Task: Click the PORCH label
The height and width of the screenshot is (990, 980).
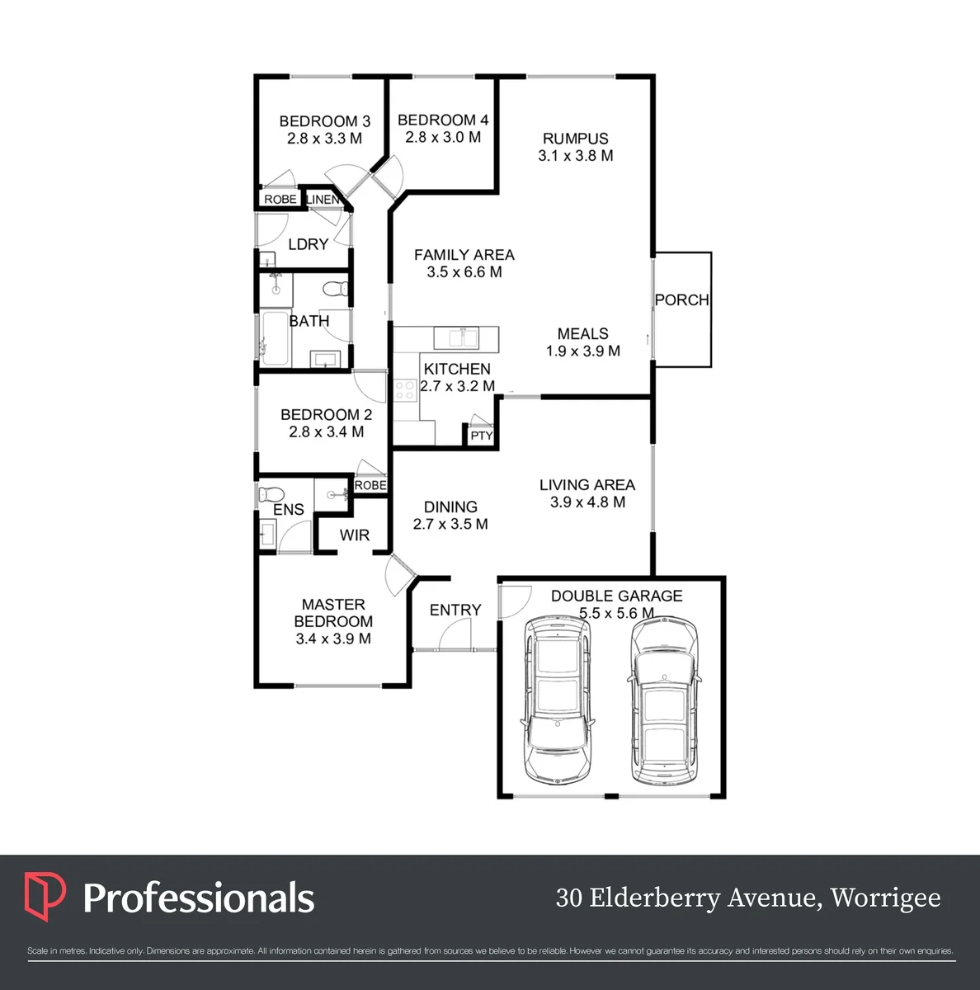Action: point(682,299)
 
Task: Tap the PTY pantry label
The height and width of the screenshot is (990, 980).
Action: point(482,436)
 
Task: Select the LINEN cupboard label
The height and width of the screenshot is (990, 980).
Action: point(323,200)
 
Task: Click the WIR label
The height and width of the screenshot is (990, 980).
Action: point(355,535)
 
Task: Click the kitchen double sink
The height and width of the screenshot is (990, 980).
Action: point(456,339)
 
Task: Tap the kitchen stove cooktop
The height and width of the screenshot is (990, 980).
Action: point(405,389)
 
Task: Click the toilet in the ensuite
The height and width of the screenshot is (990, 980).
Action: point(271,494)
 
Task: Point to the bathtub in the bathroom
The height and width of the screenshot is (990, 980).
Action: point(275,338)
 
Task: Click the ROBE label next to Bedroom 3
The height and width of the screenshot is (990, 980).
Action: point(280,200)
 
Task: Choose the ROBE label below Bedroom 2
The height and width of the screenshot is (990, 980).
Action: point(370,485)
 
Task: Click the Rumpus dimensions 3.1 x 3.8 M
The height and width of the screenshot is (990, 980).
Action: point(576,156)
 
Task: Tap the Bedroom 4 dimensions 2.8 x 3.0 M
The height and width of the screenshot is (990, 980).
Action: point(443,137)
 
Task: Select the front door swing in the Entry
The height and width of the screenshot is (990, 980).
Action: point(455,634)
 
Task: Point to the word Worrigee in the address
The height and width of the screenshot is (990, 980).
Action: point(885,898)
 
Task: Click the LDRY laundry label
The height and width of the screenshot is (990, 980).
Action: point(309,244)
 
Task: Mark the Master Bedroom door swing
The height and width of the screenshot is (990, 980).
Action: point(400,574)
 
